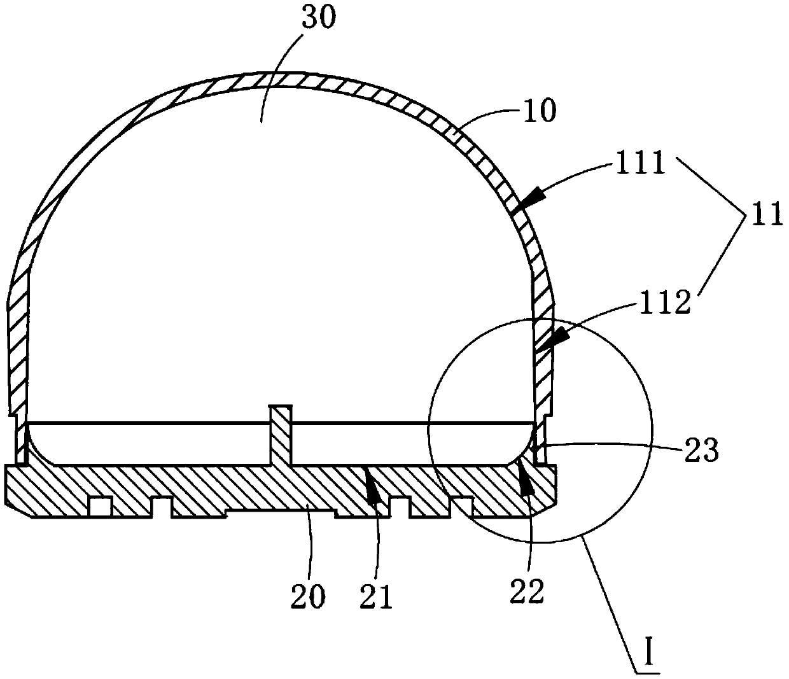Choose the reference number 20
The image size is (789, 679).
pyautogui.click(x=308, y=596)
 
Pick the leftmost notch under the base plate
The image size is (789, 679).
pyautogui.click(x=99, y=507)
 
